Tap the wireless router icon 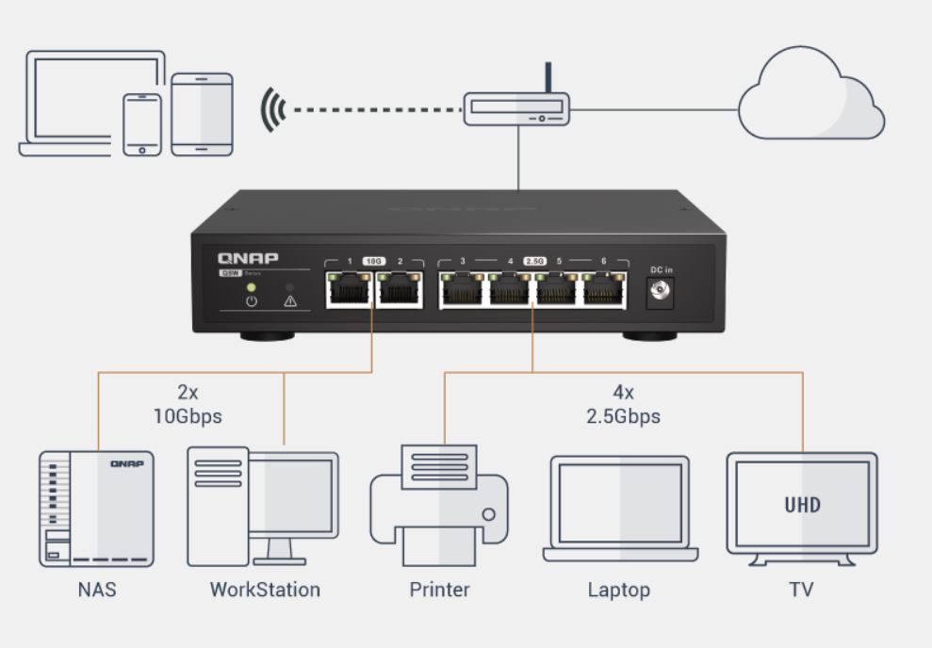(516, 108)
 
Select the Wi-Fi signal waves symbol (273, 109)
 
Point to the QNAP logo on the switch (248, 257)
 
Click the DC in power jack (661, 294)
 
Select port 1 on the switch (350, 290)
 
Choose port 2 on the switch (399, 290)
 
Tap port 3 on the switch (463, 290)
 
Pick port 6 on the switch (604, 290)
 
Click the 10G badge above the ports (374, 260)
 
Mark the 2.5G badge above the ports (534, 260)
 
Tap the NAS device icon (96, 509)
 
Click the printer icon (438, 509)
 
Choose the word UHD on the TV (802, 505)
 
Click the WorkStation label (265, 591)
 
